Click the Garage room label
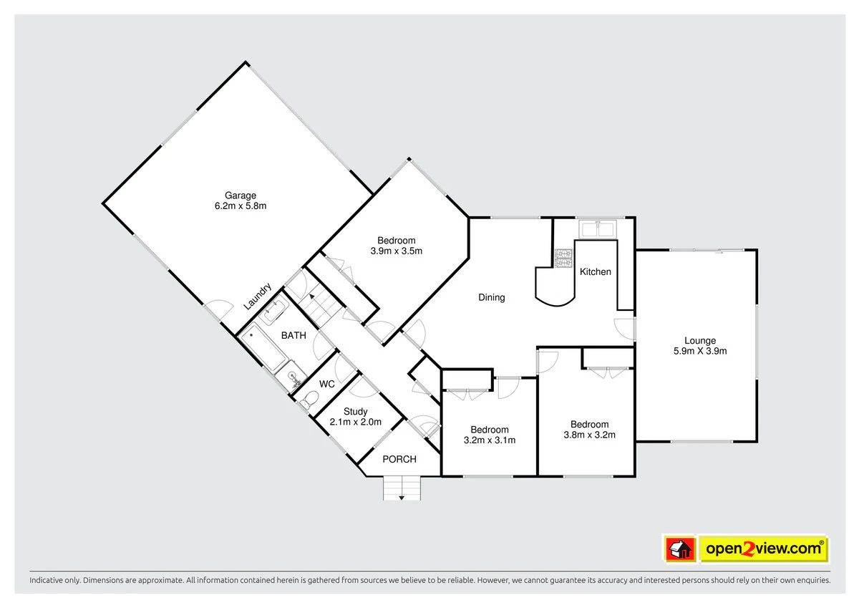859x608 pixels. tap(241, 196)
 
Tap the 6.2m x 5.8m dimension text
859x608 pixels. tap(241, 206)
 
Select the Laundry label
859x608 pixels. tap(258, 296)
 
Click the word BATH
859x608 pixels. tap(293, 336)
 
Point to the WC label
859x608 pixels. tap(326, 384)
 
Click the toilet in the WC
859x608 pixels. tap(309, 399)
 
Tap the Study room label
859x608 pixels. tap(356, 412)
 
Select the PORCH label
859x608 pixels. tap(399, 459)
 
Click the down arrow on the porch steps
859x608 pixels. tap(402, 498)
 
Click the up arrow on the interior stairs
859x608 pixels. tap(312, 296)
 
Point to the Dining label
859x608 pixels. tap(491, 298)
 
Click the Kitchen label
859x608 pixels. tap(595, 272)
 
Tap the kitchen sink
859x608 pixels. tap(598, 229)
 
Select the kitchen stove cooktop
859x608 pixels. tap(563, 258)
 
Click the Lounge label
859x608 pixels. tap(700, 341)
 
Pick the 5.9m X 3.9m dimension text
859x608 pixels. tap(700, 351)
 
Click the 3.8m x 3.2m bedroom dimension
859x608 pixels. tap(589, 435)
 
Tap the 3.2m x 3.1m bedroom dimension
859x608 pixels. tap(490, 440)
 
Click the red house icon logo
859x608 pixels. tap(680, 549)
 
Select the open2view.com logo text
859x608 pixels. tap(763, 549)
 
